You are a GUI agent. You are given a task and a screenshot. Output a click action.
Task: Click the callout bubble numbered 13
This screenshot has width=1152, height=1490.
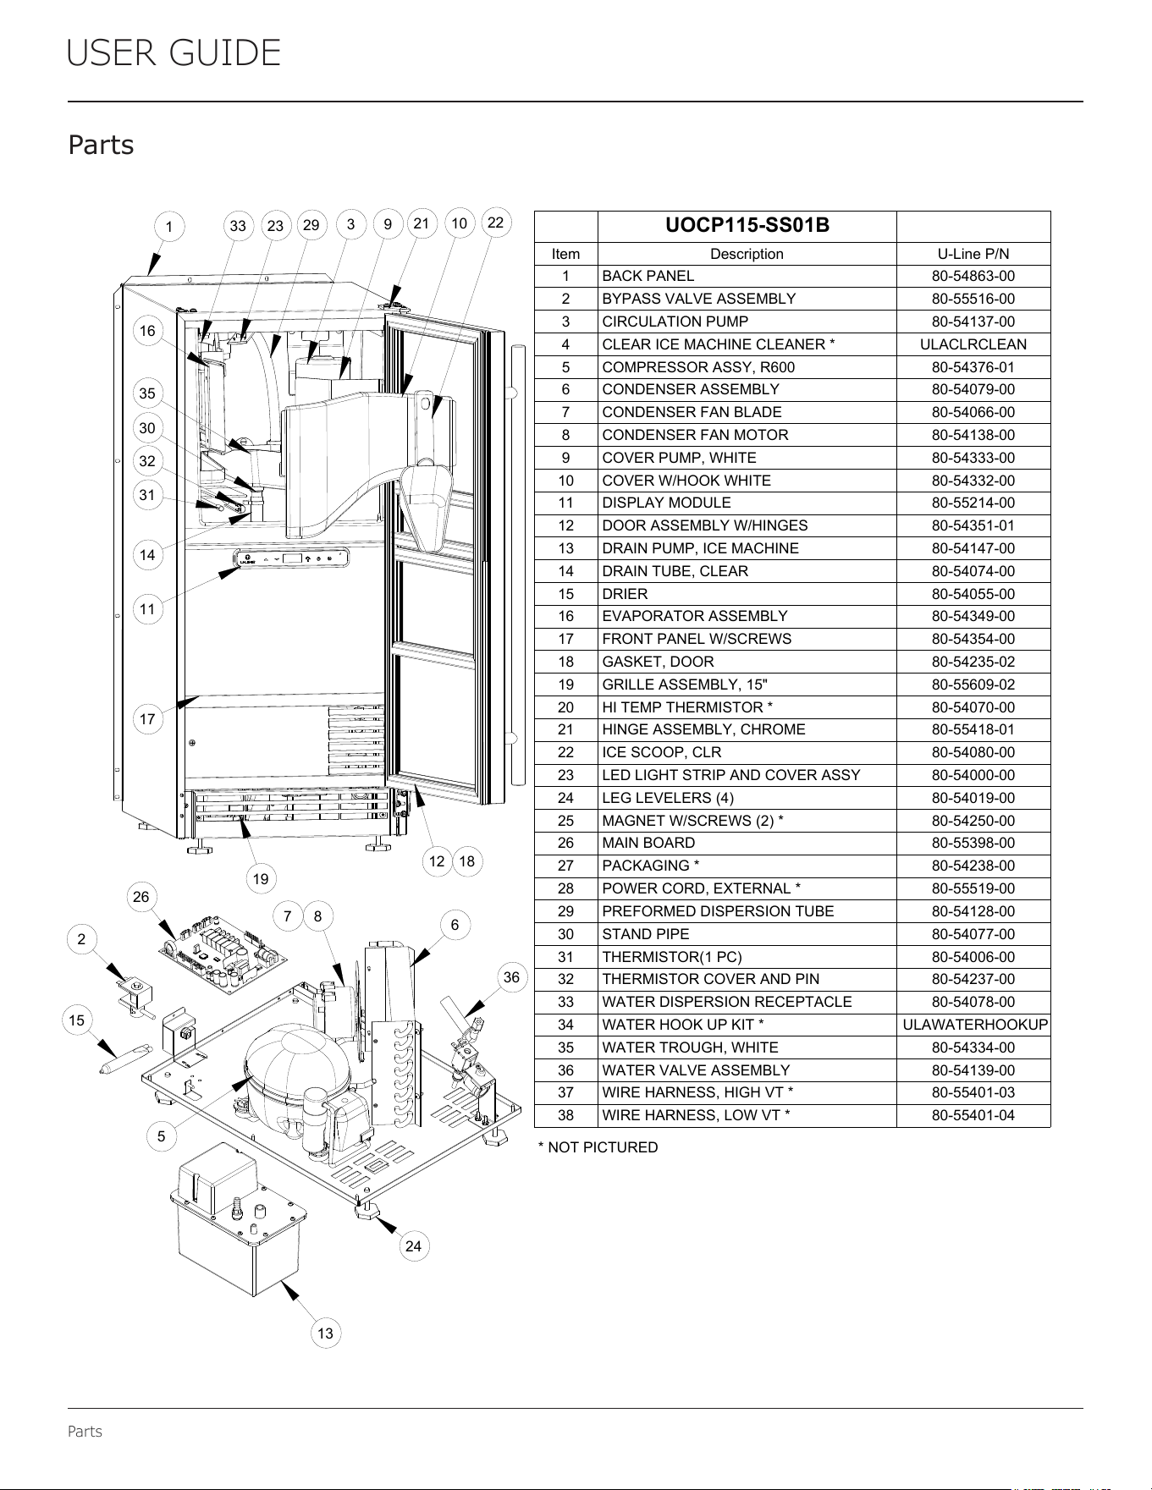[x=325, y=1333]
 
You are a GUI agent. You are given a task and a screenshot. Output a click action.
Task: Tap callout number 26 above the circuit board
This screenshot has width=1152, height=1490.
[x=141, y=897]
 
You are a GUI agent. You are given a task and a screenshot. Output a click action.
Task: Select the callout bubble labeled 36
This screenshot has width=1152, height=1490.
[x=511, y=977]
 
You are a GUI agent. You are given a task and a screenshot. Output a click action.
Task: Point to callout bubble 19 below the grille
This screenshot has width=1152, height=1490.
[x=261, y=879]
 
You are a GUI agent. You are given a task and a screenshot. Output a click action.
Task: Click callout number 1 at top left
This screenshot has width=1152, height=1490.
[x=169, y=227]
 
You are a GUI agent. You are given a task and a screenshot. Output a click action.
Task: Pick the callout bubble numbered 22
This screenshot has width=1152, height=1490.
[x=496, y=223]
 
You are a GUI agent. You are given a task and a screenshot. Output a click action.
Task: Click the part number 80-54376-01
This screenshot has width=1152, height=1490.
[x=973, y=367]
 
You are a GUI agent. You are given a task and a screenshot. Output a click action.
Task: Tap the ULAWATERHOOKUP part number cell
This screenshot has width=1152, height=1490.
[x=973, y=1025]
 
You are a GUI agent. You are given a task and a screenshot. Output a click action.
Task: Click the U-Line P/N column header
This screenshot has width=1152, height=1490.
[x=973, y=254]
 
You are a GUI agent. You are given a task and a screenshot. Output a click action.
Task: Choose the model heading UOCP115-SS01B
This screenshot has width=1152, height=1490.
[x=747, y=225]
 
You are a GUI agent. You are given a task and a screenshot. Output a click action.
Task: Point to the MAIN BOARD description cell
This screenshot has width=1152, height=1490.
[x=648, y=843]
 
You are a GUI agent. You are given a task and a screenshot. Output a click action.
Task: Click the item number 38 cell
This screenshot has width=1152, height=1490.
[x=565, y=1115]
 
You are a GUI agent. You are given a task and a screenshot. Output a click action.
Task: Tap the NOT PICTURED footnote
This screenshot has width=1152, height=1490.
[x=598, y=1147]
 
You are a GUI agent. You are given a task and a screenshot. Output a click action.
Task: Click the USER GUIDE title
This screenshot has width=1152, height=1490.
[x=174, y=53]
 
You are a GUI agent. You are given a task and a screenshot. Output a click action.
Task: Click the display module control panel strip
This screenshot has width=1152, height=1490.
[x=290, y=558]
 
